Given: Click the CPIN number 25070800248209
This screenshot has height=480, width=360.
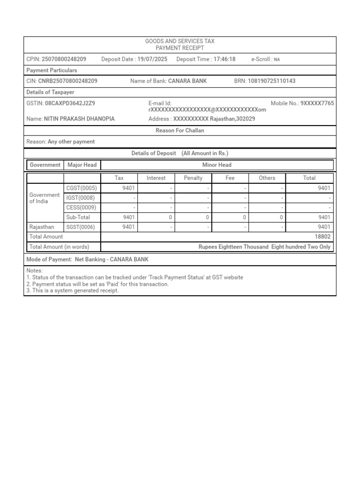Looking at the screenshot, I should pyautogui.click(x=64, y=59).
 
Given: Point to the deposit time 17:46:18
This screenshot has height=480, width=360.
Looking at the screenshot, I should pyautogui.click(x=225, y=59).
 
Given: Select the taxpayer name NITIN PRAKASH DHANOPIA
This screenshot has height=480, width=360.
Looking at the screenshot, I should pyautogui.click(x=79, y=119).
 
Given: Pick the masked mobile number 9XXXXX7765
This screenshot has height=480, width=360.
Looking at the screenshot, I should pyautogui.click(x=317, y=103).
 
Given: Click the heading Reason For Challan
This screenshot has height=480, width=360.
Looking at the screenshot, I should pyautogui.click(x=180, y=131).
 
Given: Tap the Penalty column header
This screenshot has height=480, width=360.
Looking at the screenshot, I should pyautogui.click(x=193, y=178).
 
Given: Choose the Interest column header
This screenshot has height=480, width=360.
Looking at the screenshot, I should pyautogui.click(x=156, y=178).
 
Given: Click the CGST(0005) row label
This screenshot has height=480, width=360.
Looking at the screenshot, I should pyautogui.click(x=82, y=188).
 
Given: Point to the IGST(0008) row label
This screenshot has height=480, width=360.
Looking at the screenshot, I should pyautogui.click(x=80, y=198).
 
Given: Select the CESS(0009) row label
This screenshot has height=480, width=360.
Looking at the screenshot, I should pyautogui.click(x=81, y=208).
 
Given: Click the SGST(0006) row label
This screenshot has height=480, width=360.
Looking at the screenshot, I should pyautogui.click(x=81, y=227).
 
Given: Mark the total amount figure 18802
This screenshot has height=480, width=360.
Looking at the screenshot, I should pyautogui.click(x=323, y=237).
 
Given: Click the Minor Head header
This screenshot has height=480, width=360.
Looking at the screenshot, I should pyautogui.click(x=217, y=165).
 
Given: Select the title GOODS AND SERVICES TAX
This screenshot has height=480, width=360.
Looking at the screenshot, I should pyautogui.click(x=180, y=42).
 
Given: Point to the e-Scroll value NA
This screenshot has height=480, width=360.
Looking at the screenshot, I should pyautogui.click(x=277, y=60).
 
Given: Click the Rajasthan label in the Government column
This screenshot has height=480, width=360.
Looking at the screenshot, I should pyautogui.click(x=42, y=227).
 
